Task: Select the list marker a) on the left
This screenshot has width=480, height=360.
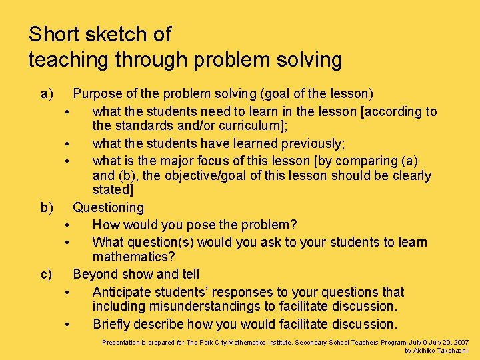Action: point(47,94)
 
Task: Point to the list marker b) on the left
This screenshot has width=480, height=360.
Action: point(47,208)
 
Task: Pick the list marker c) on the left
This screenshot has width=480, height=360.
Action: point(47,274)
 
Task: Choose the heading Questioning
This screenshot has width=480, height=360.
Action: point(108,208)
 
